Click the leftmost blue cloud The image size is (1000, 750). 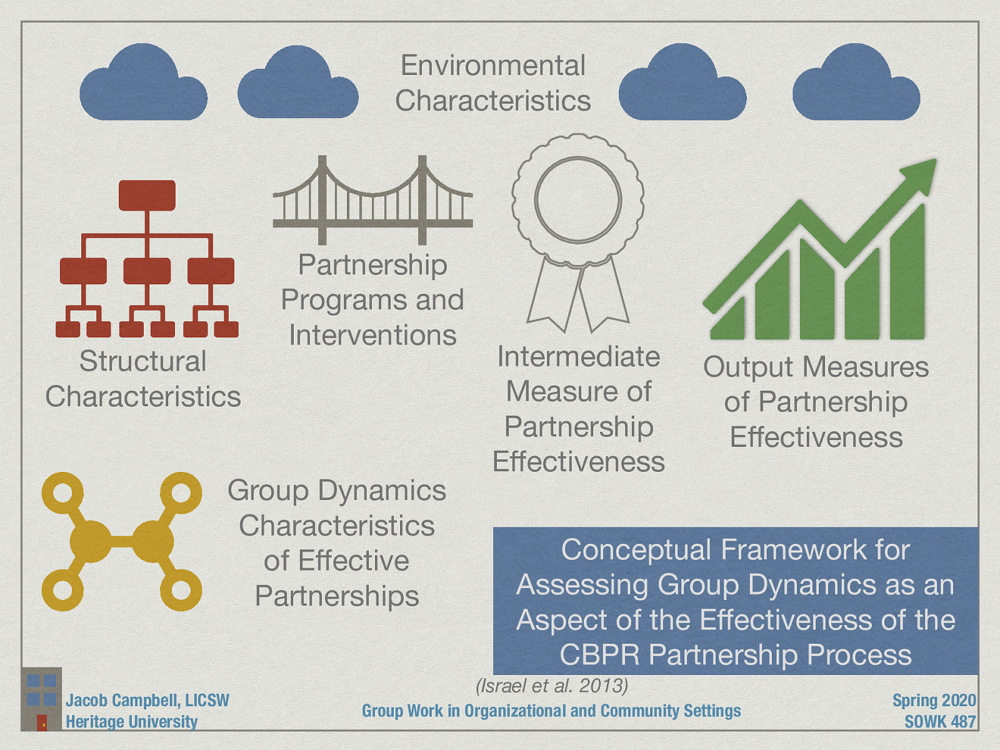[x=144, y=87]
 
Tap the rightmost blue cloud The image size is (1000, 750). [x=856, y=87]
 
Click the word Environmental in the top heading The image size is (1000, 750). [x=493, y=66]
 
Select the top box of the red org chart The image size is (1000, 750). [x=147, y=195]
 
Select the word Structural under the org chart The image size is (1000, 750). [x=142, y=361]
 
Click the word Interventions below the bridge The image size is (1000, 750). [x=372, y=336]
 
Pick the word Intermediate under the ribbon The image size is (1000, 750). [x=578, y=357]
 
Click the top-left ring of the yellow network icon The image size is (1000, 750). [x=62, y=492]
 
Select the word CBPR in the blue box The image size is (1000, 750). [x=599, y=655]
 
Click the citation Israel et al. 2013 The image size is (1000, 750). [x=552, y=686]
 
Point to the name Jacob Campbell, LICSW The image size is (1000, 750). [x=147, y=700]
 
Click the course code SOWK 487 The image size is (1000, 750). [x=940, y=721]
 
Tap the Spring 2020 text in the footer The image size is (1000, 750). [x=934, y=700]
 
